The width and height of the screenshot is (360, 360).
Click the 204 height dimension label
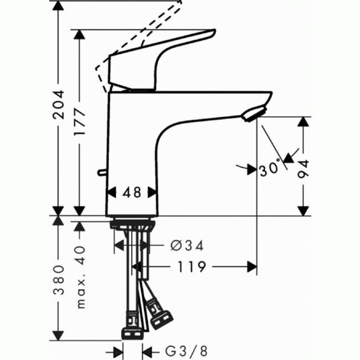point(58,105)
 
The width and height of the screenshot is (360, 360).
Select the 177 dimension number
point(80,122)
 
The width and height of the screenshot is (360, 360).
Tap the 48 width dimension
point(132,192)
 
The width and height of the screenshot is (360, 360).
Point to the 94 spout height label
point(303,169)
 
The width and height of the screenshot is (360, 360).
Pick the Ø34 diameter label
point(187,246)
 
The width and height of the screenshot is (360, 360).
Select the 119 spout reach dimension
point(192,267)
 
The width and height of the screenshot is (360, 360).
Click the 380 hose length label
point(58,280)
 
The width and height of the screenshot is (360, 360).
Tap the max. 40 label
point(80,277)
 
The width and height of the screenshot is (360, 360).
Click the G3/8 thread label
point(187,351)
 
